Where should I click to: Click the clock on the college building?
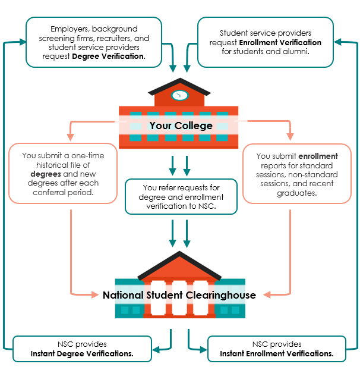click(x=179, y=95)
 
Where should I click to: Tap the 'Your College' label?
click(x=181, y=126)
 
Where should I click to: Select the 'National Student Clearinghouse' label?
click(x=179, y=295)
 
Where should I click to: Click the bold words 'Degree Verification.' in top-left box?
click(x=109, y=57)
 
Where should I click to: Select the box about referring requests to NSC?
click(x=181, y=196)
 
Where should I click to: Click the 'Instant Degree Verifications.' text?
click(x=82, y=353)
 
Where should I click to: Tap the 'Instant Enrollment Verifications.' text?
click(x=276, y=353)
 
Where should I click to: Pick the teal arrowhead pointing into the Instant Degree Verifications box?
click(x=156, y=348)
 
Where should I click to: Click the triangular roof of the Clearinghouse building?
click(x=179, y=265)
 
